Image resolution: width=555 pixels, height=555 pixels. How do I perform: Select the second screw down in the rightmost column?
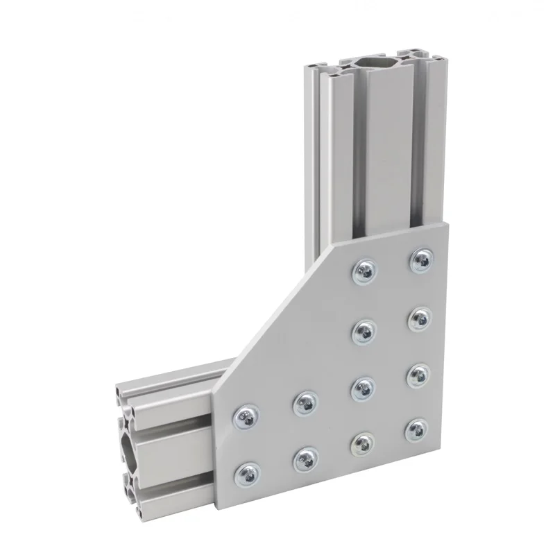419,318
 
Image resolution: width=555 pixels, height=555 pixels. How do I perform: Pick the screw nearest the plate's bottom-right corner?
414,429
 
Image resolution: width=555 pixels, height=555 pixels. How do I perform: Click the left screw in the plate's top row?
364,272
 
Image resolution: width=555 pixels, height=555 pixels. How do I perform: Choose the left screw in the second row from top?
363,331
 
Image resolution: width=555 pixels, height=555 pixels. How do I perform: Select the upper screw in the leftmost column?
247,417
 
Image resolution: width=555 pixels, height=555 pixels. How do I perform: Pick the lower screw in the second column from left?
305,458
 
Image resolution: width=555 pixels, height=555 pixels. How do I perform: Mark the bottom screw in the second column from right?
361,443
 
